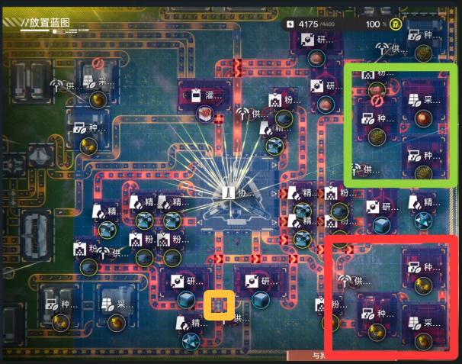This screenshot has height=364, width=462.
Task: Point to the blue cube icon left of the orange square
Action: (x=186, y=299)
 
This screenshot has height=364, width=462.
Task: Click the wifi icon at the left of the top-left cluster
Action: (x=56, y=84)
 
